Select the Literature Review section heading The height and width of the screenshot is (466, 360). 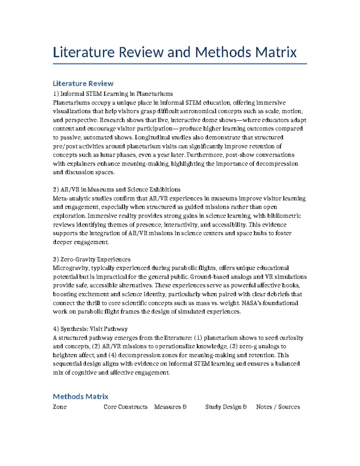click(83, 83)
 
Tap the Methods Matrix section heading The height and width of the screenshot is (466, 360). click(80, 396)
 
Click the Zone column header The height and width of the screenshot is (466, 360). click(60, 407)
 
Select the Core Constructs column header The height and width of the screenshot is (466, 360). click(125, 407)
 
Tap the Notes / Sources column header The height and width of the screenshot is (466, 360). click(278, 407)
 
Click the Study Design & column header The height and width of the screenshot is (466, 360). click(226, 407)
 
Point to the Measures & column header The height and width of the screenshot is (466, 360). click(170, 407)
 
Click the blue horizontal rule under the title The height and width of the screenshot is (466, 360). click(180, 64)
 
